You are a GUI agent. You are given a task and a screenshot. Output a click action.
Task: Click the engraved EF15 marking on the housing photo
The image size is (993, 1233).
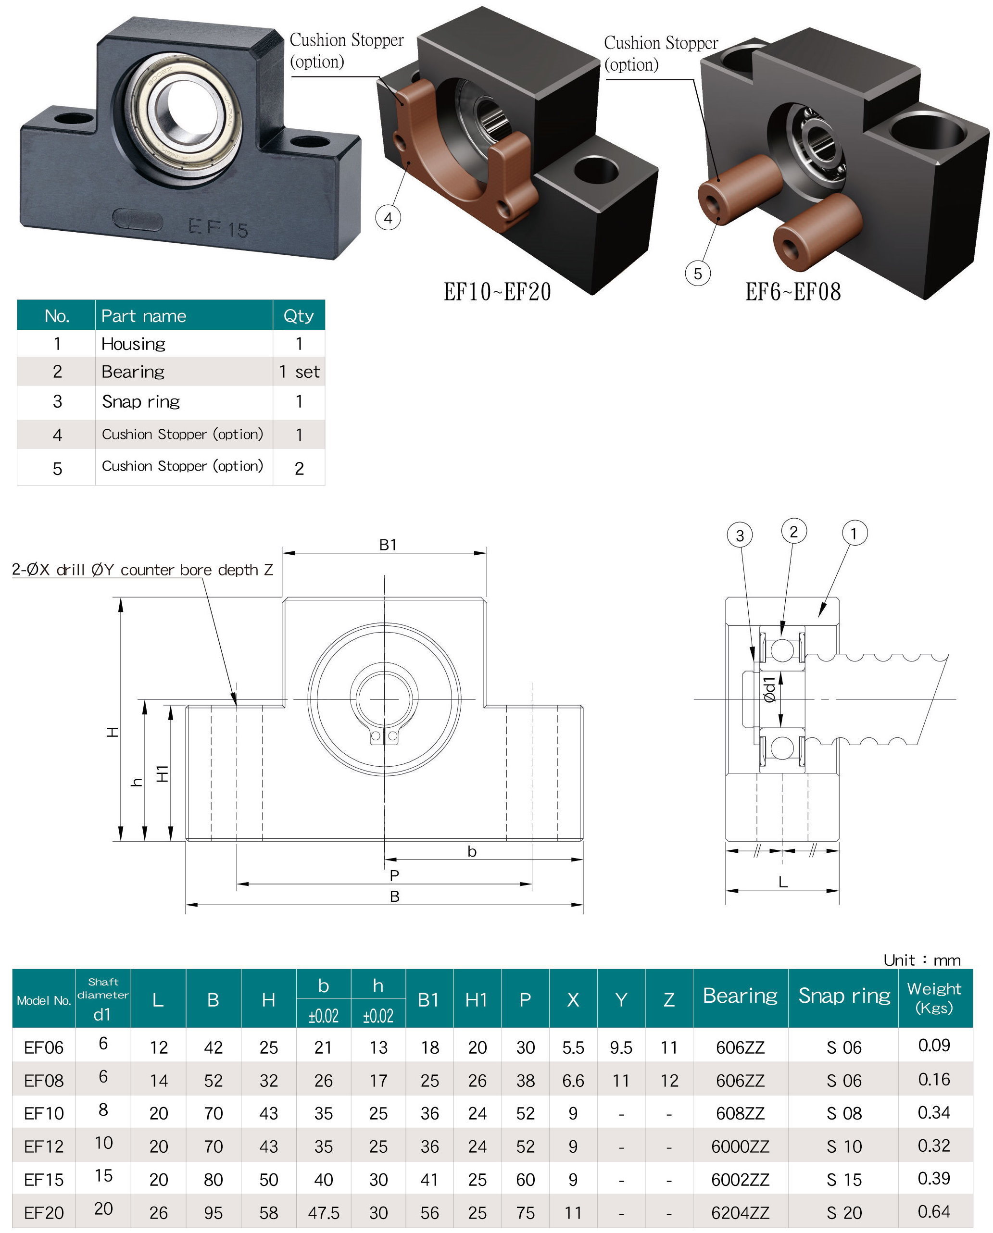click(218, 228)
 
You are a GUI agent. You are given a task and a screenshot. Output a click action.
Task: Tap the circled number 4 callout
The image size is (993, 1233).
click(388, 218)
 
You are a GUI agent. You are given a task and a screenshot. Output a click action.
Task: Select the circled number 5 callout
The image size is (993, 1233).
click(698, 274)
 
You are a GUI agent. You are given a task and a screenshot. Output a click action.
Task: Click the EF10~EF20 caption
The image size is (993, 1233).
click(497, 292)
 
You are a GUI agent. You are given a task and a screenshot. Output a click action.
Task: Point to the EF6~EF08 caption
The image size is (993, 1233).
click(793, 292)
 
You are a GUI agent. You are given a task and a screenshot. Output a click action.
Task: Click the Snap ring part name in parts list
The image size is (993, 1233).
click(141, 401)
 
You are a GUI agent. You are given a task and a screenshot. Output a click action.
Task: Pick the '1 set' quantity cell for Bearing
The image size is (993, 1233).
click(299, 372)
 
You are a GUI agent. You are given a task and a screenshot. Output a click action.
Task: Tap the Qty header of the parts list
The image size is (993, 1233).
click(299, 316)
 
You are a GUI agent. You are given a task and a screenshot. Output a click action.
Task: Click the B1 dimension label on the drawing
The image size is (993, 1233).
click(388, 545)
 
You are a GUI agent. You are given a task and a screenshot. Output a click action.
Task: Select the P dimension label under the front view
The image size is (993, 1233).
click(394, 875)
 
